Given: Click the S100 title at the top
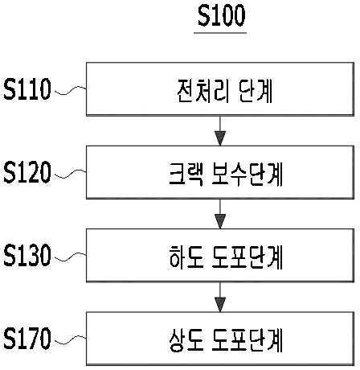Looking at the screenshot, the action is click(x=221, y=15).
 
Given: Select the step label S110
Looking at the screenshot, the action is click(x=27, y=89).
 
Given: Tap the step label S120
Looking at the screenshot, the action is click(x=27, y=172).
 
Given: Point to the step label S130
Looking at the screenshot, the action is click(x=27, y=255).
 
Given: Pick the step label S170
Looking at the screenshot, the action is click(x=27, y=338).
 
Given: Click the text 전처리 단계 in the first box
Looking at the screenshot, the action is click(x=224, y=91).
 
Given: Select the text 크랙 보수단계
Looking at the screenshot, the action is click(x=226, y=174).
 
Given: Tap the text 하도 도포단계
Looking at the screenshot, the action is click(x=226, y=257).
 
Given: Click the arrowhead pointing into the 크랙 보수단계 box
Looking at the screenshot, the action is click(x=220, y=138).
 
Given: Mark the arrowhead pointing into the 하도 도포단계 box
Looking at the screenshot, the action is click(x=220, y=221).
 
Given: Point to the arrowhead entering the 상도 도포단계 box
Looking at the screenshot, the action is click(x=220, y=304).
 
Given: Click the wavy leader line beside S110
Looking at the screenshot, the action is click(x=70, y=90).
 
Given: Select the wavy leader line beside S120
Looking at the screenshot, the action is click(x=70, y=174).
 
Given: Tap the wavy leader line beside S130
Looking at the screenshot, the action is click(x=70, y=257).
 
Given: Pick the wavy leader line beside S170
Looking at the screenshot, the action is click(x=70, y=339).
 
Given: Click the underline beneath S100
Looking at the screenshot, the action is click(x=220, y=33).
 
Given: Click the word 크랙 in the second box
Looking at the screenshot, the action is click(x=186, y=174).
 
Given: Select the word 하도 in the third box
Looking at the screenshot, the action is click(x=186, y=257).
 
